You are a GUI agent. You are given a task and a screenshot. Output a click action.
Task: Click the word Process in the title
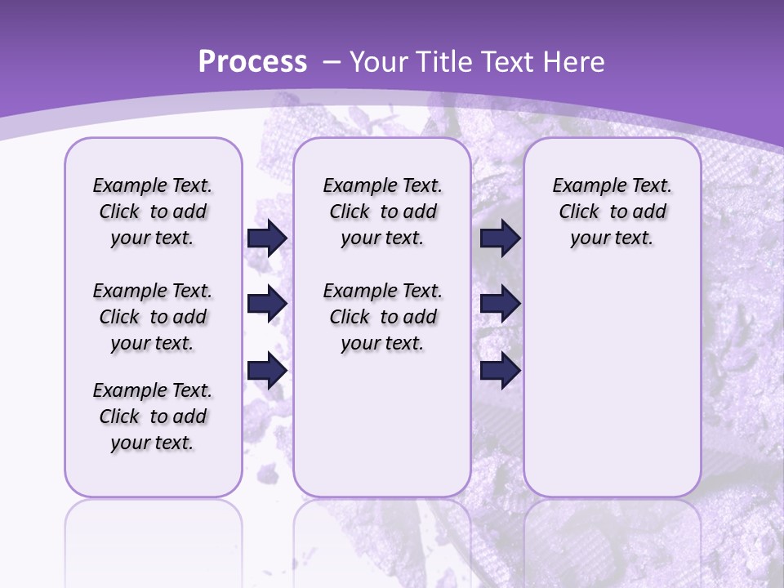point(252,62)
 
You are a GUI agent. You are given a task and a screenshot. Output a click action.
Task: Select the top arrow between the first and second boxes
point(267,238)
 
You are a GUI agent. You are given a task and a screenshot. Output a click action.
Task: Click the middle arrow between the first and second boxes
point(267,305)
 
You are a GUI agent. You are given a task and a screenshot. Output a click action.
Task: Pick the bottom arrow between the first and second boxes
point(267,371)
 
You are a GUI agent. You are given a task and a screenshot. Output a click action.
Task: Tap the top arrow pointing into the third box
point(500,238)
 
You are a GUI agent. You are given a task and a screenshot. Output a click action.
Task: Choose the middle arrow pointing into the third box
point(500,305)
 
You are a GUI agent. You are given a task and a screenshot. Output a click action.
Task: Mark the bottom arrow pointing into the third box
point(500,371)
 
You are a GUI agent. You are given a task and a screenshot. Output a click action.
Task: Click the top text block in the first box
point(153,212)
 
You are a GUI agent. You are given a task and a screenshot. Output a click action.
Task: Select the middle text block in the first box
point(153,317)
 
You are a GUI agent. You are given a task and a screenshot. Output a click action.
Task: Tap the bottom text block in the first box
point(153,416)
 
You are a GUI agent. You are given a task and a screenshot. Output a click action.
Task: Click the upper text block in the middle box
point(382,212)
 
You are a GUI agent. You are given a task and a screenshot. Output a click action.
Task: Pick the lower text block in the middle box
point(382,317)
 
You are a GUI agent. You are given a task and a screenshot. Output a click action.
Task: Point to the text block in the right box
point(612,212)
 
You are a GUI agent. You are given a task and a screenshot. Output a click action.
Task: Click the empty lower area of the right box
point(612,384)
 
